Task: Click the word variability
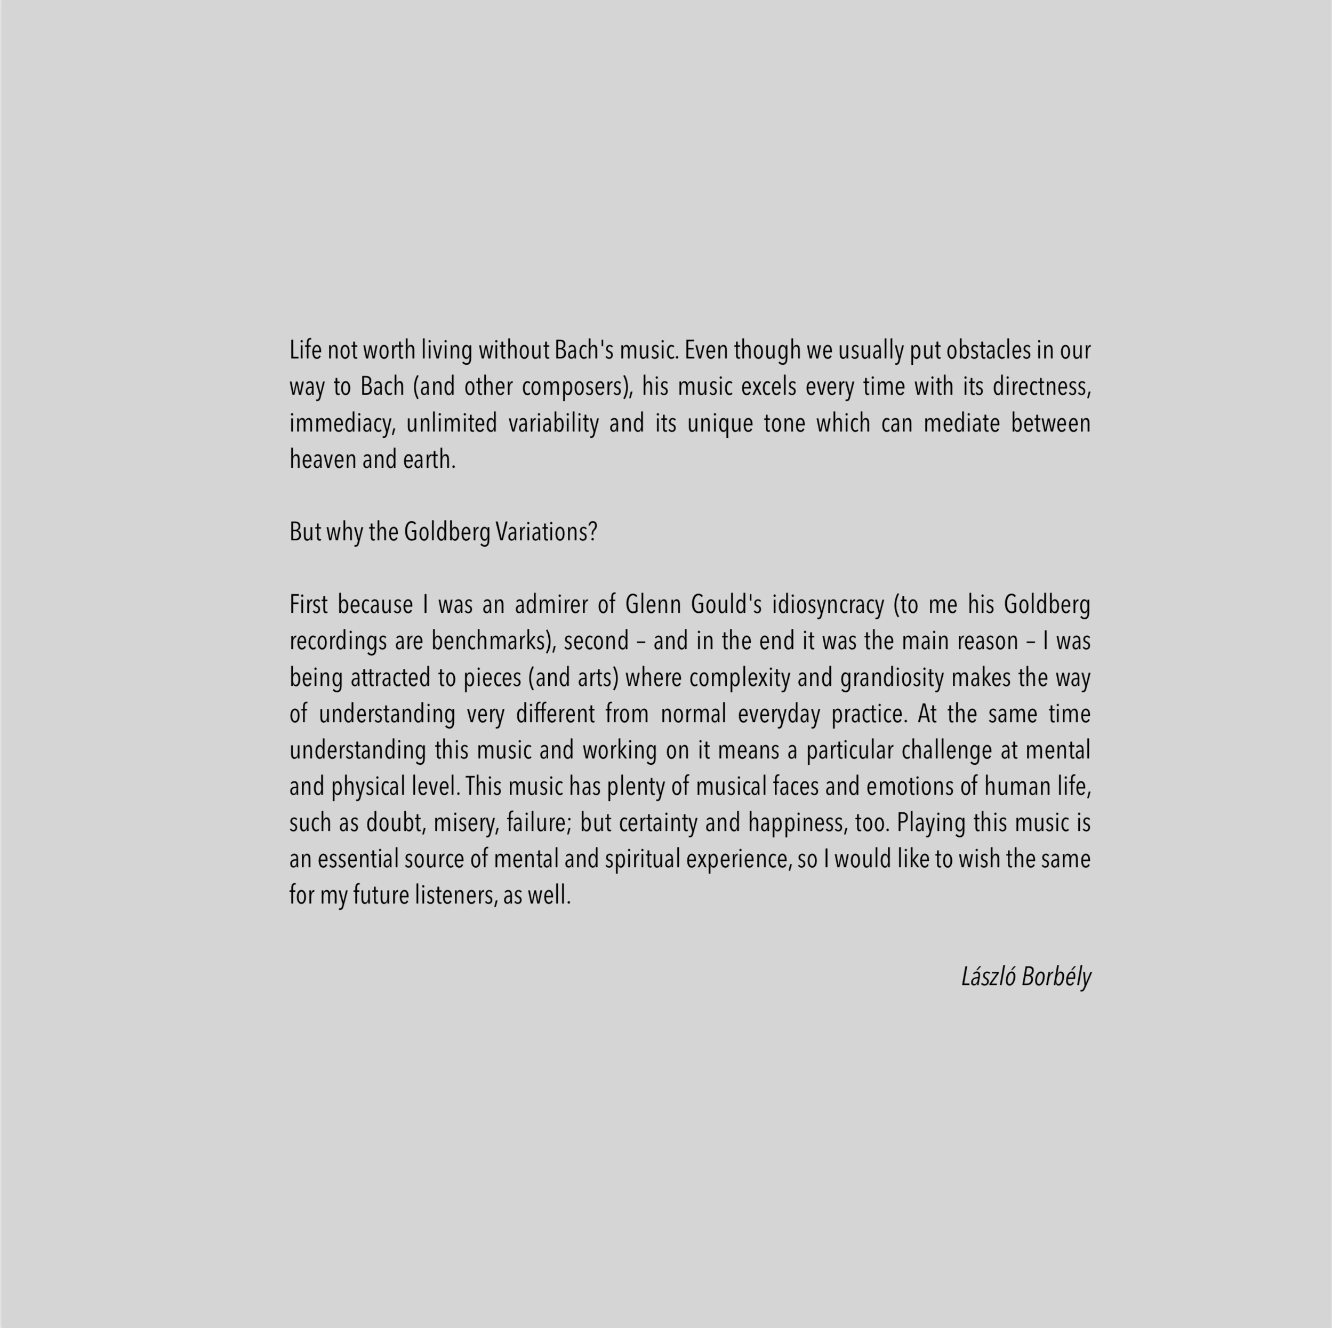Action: coord(553,424)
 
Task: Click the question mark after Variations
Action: coord(593,532)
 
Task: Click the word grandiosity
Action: coord(892,678)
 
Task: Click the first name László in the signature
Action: coord(988,977)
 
